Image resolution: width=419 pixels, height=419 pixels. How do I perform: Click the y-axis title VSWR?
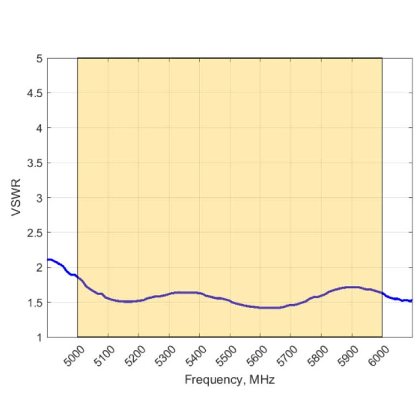tap(16, 197)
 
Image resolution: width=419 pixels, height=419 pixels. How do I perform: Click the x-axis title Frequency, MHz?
tap(230, 380)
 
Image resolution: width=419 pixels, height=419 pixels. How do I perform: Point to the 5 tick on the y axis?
tap(39, 59)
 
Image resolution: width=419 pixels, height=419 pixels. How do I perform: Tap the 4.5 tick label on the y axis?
tap(35, 93)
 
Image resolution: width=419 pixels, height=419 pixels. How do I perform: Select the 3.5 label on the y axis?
tap(35, 163)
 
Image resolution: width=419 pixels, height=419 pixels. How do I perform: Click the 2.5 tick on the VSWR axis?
tap(35, 233)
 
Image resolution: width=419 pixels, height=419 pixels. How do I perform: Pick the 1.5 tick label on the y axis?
tap(35, 302)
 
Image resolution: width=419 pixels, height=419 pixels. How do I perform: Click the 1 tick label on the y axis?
tap(39, 337)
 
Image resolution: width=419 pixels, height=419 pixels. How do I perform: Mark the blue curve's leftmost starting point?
tap(48, 260)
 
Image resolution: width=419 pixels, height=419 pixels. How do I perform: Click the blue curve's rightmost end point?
tap(412, 301)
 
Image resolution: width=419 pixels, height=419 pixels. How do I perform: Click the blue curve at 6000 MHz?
tap(382, 293)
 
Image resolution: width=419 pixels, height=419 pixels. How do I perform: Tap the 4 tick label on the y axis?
tap(39, 128)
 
